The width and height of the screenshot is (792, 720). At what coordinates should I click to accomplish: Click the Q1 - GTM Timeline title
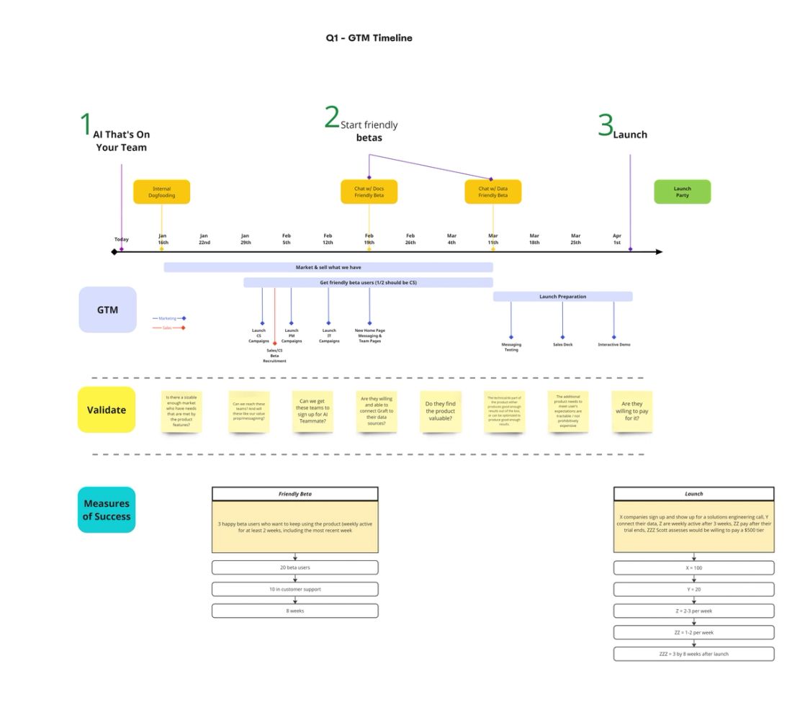point(369,38)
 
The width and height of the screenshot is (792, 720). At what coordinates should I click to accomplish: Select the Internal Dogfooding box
point(161,192)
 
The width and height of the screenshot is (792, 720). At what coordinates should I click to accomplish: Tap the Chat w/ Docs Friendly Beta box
point(369,192)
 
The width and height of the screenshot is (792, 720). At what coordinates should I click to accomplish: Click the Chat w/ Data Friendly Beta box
point(492,192)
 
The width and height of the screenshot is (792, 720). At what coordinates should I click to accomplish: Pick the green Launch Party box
point(682,192)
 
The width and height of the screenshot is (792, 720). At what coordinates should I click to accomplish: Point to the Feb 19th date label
point(369,239)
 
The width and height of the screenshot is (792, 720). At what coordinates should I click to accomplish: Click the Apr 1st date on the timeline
point(617,239)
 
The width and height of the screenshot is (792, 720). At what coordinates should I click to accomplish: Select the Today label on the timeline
point(121,240)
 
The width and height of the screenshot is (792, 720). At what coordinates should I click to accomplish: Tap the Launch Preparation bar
point(562,297)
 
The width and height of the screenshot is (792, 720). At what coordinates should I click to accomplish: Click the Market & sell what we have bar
point(328,267)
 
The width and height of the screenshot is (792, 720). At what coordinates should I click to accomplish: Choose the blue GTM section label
point(107,310)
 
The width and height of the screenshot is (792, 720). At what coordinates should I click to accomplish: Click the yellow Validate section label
point(107,410)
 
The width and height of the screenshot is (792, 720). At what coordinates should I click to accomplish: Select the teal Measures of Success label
point(107,510)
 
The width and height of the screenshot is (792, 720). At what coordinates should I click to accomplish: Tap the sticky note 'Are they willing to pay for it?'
point(631,412)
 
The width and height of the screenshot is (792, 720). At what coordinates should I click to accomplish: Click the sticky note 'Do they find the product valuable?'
point(441,412)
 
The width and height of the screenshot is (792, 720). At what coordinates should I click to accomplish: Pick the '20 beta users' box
point(294,567)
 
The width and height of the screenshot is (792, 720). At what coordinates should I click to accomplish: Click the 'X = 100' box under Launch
point(693,567)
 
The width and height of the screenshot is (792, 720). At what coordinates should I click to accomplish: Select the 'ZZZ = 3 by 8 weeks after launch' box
point(693,654)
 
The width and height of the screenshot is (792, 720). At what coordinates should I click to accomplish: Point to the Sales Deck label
point(562,345)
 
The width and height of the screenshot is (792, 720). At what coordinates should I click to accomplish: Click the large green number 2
point(331,118)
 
